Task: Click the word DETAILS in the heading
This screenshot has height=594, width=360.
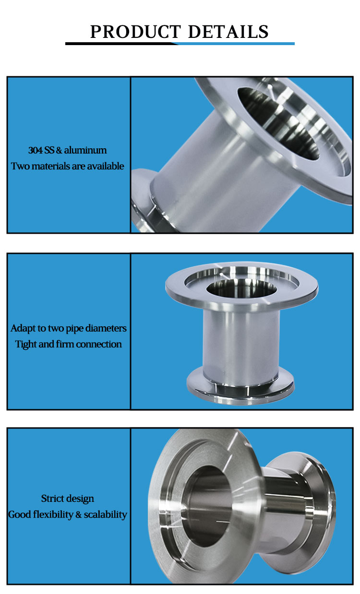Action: [228, 32]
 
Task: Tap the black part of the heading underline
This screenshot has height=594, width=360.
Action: [120, 44]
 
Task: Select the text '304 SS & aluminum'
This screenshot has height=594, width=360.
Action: [68, 150]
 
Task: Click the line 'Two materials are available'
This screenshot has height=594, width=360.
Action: [68, 166]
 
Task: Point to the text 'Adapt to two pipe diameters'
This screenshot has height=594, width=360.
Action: [69, 328]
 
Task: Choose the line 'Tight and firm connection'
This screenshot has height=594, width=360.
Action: [69, 344]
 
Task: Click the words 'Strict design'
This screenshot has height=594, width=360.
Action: [68, 499]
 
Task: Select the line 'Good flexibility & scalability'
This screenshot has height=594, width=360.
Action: [68, 514]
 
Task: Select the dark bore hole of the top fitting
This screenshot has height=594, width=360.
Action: [283, 125]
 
